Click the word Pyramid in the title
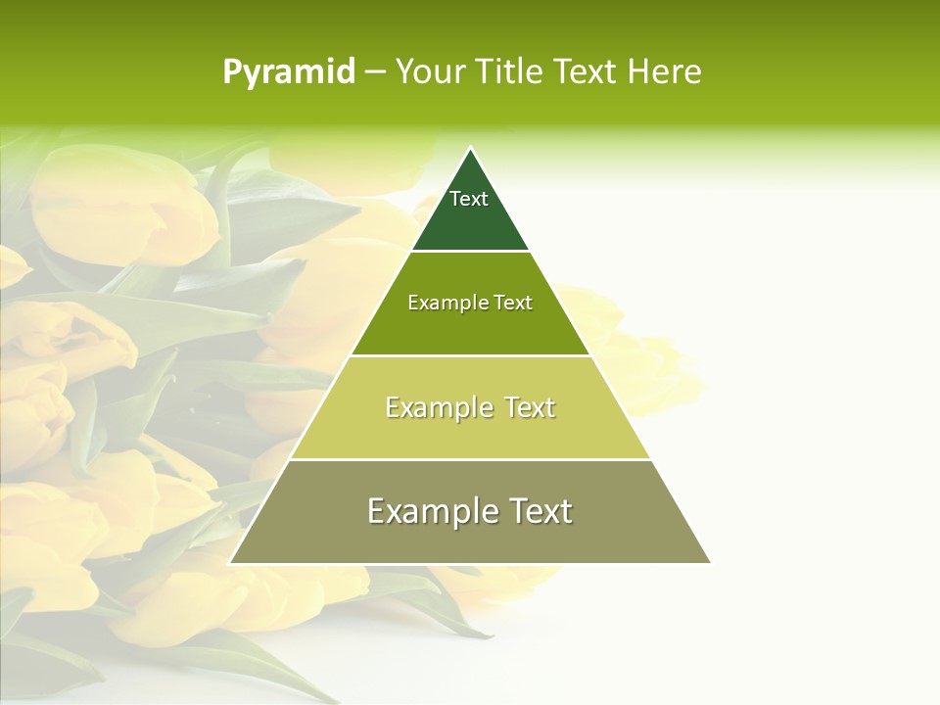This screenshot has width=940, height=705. tap(288, 72)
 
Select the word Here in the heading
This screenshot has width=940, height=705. tap(665, 72)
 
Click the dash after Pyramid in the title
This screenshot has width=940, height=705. tap(375, 72)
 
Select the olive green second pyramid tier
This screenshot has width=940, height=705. tap(470, 328)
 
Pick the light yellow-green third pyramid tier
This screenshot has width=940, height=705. tap(470, 431)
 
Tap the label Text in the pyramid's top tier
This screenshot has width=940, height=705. tap(469, 199)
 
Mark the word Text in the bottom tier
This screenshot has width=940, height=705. tap(540, 511)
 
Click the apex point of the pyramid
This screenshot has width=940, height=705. tap(470, 149)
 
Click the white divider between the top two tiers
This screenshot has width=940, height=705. tap(470, 252)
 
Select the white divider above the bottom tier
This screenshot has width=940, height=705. tap(470, 459)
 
